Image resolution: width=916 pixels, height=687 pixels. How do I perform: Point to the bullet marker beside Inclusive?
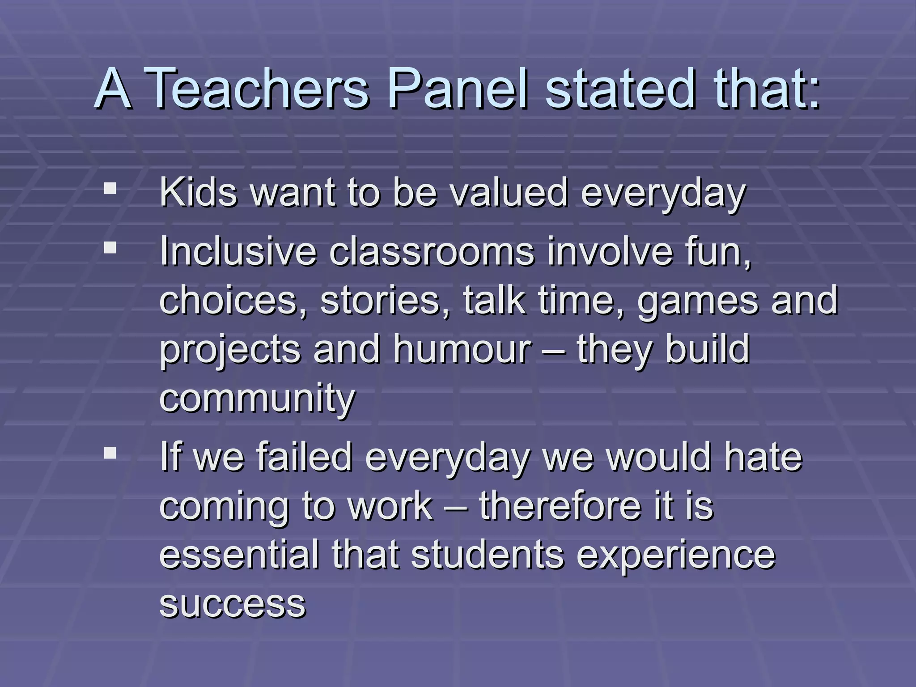(x=110, y=247)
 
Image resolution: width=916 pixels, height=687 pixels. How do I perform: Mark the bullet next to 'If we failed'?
(x=110, y=454)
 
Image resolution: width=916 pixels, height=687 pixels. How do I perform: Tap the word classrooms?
(x=432, y=251)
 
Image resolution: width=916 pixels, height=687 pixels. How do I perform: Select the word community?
(x=257, y=399)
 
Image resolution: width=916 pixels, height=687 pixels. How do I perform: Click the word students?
(x=488, y=556)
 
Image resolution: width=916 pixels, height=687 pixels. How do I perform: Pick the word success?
(x=233, y=605)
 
